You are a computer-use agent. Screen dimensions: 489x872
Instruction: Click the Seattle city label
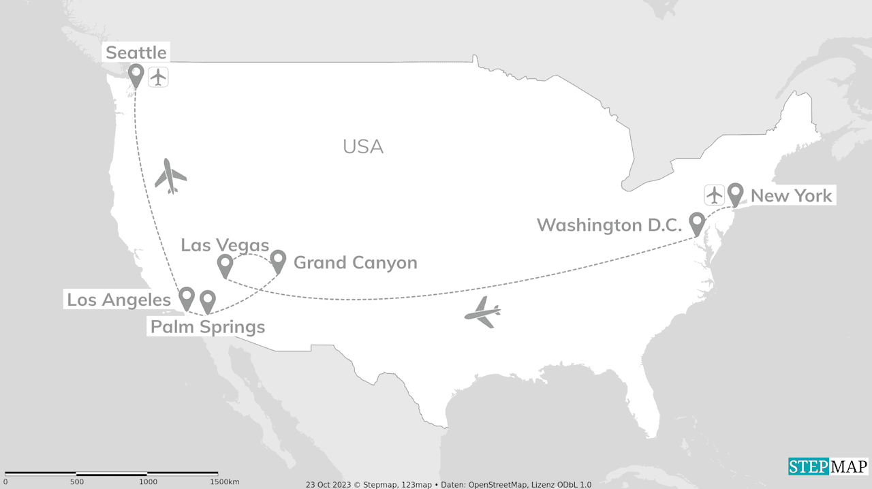coord(136,52)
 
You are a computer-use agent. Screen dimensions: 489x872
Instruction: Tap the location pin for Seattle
coord(136,74)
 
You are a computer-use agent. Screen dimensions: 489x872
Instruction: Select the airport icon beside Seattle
coord(158,77)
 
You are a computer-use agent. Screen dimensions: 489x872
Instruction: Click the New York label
coord(791,196)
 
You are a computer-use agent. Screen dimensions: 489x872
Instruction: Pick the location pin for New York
coord(735,192)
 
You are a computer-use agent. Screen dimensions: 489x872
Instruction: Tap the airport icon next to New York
coord(714,195)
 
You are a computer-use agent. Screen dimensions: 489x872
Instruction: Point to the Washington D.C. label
coord(609,225)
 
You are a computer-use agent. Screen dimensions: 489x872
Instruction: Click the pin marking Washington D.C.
coord(697,221)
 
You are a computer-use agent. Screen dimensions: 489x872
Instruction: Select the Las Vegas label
coord(225,245)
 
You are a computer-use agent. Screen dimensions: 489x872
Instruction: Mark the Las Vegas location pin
coord(224,264)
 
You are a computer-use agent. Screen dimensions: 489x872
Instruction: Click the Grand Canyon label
coord(355,263)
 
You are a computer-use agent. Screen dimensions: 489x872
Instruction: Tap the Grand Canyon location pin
coord(278,259)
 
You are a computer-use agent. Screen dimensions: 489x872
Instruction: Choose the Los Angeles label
coord(119,300)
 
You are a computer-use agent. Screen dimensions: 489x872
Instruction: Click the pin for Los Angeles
coord(186,296)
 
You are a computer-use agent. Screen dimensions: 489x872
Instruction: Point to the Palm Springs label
coord(208,327)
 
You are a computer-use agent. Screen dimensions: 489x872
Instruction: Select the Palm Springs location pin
coord(207,300)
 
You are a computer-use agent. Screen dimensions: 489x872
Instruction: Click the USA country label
coord(363,146)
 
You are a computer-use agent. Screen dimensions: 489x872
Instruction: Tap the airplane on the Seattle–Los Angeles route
coord(170,176)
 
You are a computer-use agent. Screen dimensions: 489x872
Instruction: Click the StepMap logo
coord(828,467)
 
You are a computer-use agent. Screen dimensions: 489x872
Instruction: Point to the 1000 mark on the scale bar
coord(148,482)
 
